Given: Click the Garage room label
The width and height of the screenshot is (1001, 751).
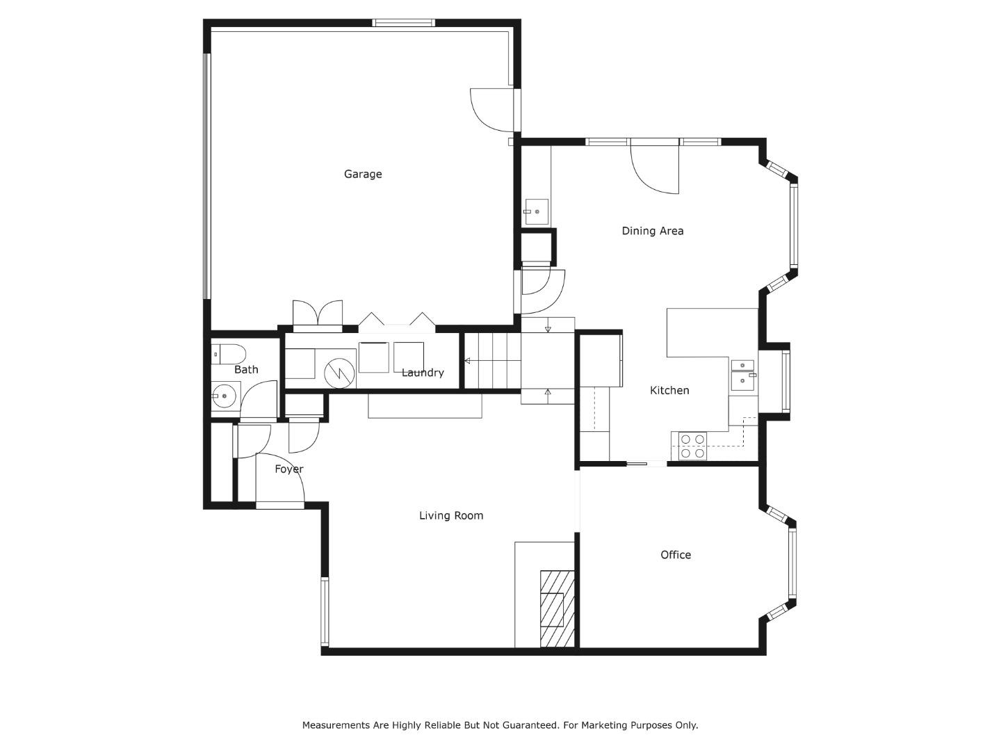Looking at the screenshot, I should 363,174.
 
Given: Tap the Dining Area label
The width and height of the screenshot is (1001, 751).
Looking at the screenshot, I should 652,231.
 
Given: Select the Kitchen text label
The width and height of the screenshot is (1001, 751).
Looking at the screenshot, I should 669,391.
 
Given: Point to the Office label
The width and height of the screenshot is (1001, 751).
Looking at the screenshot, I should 675,555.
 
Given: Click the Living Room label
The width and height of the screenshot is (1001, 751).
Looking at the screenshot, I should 451,515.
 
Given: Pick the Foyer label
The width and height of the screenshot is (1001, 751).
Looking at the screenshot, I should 288,469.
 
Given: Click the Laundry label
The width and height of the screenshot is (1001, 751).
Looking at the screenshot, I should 423,373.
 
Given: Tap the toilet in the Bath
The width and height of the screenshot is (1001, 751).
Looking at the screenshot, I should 228,354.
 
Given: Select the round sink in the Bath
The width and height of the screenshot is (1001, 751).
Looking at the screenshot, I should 224,397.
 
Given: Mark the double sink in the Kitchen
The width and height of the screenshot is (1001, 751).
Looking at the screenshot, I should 743,373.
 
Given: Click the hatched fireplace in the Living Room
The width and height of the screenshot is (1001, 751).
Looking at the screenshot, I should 557,608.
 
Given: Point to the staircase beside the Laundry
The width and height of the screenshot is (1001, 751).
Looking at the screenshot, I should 492,361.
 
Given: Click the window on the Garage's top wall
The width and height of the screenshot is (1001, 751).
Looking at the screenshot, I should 403,23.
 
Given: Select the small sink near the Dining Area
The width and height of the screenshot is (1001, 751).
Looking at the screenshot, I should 536,211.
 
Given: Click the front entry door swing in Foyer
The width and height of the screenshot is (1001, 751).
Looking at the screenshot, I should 280,480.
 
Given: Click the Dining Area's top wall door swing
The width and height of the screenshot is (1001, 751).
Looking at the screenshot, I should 655,167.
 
